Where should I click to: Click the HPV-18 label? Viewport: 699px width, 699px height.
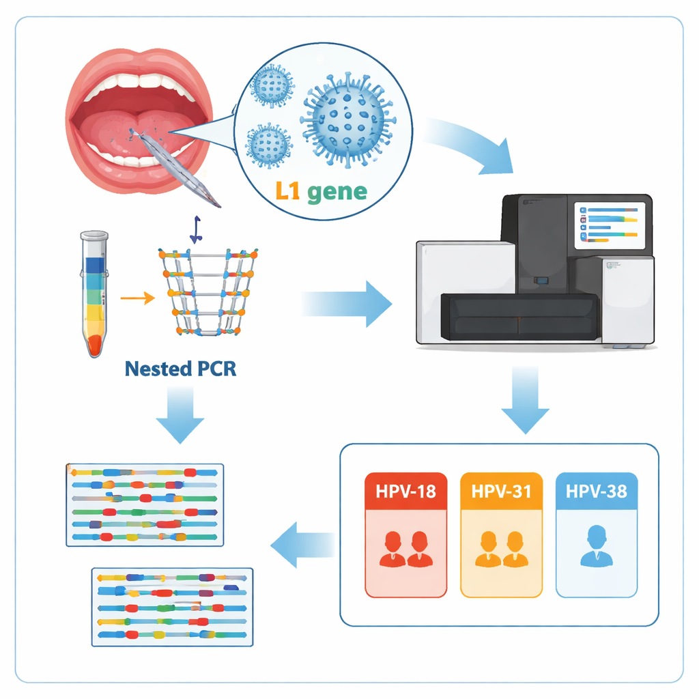[x=405, y=491]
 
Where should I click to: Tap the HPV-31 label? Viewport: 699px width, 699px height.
[x=501, y=491]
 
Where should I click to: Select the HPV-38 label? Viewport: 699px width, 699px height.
[x=596, y=491]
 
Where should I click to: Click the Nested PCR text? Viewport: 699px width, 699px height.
[x=181, y=369]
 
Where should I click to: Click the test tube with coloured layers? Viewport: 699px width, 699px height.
[x=94, y=294]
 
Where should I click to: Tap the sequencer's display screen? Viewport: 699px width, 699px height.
[x=609, y=225]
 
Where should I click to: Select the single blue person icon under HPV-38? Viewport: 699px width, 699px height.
[x=596, y=546]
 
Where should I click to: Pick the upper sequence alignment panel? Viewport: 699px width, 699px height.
[x=145, y=504]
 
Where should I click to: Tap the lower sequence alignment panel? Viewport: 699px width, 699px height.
[x=172, y=606]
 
